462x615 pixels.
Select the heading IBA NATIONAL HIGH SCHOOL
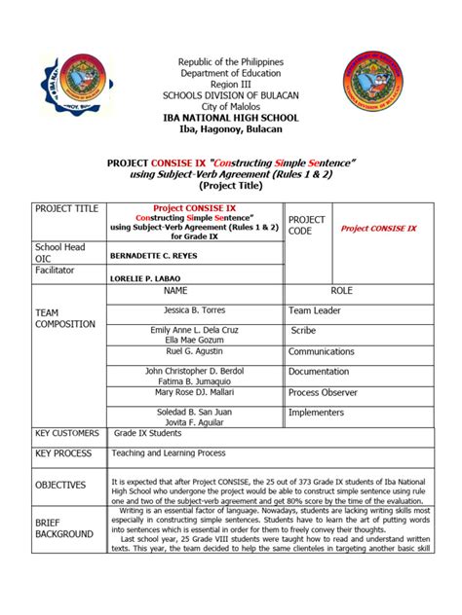click(231, 117)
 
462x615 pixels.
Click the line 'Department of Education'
click(231, 74)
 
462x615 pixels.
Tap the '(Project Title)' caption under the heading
click(231, 185)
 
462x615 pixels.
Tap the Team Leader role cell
click(314, 310)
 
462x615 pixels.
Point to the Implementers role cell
click(319, 412)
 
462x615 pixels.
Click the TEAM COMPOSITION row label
click(65, 318)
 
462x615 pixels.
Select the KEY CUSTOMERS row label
click(67, 433)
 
